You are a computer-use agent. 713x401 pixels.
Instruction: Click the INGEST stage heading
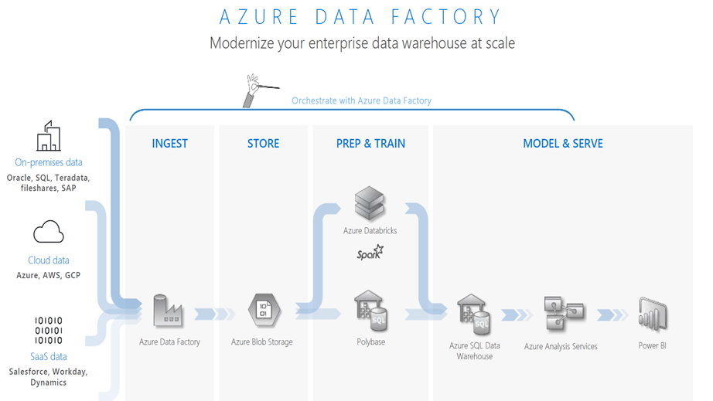(x=169, y=143)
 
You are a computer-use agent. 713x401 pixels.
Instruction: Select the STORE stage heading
(x=263, y=143)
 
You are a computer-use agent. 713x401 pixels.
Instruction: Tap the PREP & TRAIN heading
(x=370, y=143)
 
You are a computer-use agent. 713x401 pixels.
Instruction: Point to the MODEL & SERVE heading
(x=562, y=143)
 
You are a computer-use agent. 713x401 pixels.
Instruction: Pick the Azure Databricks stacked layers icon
(x=369, y=203)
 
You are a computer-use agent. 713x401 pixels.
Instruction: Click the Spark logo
(x=370, y=253)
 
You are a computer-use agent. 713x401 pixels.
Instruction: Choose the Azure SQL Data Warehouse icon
(x=474, y=314)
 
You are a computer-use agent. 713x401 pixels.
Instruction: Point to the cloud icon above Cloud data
(x=48, y=232)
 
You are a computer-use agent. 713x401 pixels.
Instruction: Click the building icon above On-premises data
(x=48, y=137)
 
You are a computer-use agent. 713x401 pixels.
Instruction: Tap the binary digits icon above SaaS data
(x=48, y=330)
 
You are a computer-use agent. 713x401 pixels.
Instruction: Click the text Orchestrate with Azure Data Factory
(x=361, y=100)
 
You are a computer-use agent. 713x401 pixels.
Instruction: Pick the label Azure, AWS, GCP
(x=48, y=275)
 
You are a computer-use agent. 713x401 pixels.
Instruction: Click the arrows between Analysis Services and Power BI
(x=612, y=314)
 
